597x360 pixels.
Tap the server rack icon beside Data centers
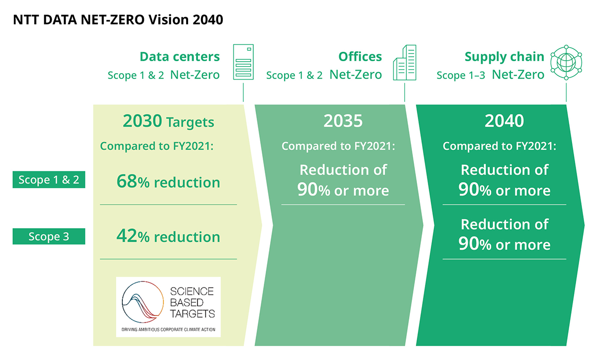tap(243, 62)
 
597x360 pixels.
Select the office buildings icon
tap(404, 63)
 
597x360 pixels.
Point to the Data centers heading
tap(180, 57)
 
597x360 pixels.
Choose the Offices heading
tap(360, 57)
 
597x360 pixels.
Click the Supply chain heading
tap(504, 57)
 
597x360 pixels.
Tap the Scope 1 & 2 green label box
tap(49, 180)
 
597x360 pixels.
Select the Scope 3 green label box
tap(49, 237)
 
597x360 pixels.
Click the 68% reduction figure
tap(168, 182)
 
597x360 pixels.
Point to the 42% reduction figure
tap(168, 237)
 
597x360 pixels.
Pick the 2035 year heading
tap(343, 121)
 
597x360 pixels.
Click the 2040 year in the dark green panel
tap(504, 121)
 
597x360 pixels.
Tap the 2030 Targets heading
tap(168, 122)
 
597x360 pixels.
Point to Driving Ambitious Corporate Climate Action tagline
tap(168, 329)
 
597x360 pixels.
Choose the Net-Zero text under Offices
tap(356, 75)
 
